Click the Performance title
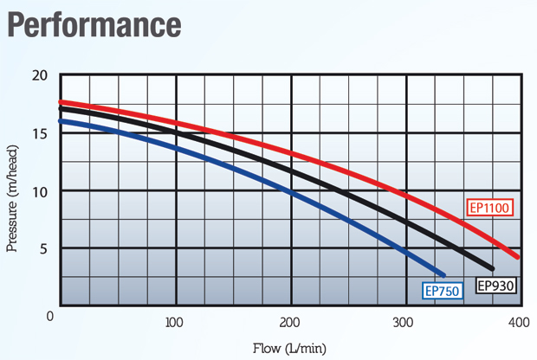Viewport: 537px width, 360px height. click(x=94, y=23)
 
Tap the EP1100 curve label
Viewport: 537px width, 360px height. click(x=491, y=208)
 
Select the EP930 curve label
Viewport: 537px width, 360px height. click(x=496, y=285)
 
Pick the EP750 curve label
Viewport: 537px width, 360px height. click(x=443, y=291)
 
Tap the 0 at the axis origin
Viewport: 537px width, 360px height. click(x=51, y=317)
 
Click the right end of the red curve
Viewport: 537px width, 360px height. click(x=517, y=257)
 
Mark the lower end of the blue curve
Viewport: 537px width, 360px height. click(x=443, y=274)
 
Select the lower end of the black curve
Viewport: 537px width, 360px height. click(x=492, y=268)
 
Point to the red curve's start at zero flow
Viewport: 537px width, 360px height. click(x=61, y=102)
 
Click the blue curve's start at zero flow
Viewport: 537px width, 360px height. click(x=61, y=121)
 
